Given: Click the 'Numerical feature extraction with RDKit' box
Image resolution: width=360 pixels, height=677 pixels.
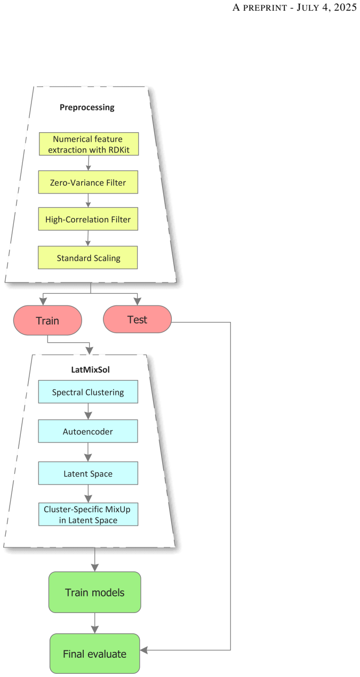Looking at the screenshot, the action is tap(89, 144).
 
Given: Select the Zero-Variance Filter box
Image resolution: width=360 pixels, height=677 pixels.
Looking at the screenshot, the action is tap(88, 182).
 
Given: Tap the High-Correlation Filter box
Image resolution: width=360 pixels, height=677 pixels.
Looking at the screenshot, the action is tap(88, 219).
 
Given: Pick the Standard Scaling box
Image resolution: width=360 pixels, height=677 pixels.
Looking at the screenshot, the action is tap(87, 257).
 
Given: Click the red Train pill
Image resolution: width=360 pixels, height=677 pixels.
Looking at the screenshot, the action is tap(47, 320).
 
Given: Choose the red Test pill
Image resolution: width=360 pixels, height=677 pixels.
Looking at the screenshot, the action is tap(137, 319).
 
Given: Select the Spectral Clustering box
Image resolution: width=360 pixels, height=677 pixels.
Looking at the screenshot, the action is tap(88, 392).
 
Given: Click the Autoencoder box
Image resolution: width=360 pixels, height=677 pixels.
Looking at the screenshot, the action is tap(87, 431).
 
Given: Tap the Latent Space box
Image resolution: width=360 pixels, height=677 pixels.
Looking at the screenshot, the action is tap(88, 473).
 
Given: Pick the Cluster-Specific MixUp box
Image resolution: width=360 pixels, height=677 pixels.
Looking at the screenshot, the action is tap(88, 514).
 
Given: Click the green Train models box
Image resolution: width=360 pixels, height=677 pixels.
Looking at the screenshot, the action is tap(94, 592).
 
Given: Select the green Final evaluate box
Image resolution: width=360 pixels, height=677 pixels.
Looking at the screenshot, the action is tap(94, 654).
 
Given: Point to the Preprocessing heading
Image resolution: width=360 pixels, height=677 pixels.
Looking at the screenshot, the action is tap(87, 107).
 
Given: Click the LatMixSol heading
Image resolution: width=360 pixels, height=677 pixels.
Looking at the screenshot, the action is tap(90, 369).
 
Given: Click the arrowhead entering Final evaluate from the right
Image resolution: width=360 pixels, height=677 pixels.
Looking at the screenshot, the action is tap(143, 650).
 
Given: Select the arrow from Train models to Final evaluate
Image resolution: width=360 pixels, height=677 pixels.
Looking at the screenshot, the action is tap(94, 623).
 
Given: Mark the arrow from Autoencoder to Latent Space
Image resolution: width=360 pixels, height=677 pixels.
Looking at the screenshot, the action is tap(88, 452).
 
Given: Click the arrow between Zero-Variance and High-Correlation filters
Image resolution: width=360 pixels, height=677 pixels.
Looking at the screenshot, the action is tap(88, 200).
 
